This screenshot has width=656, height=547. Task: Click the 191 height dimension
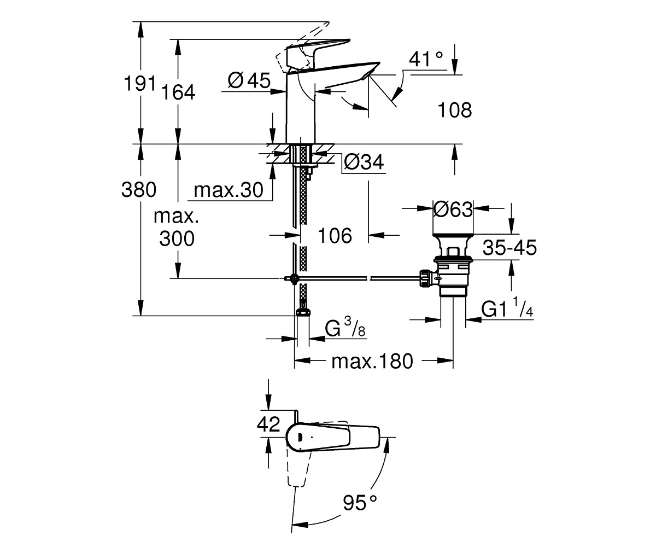(140, 84)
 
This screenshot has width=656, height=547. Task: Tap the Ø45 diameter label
(249, 80)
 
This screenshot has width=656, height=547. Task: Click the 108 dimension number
(455, 110)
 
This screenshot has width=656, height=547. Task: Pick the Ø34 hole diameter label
(364, 162)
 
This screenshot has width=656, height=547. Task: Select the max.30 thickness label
(229, 190)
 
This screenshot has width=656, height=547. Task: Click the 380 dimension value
(139, 190)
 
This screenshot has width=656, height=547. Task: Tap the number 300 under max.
(177, 238)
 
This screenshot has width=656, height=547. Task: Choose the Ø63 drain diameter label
(453, 210)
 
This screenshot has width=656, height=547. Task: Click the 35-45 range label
(509, 247)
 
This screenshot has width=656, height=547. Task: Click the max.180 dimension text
(372, 362)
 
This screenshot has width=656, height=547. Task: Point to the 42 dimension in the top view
(268, 424)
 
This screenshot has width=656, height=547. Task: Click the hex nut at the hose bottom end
(303, 312)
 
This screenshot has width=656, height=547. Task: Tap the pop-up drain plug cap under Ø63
(453, 236)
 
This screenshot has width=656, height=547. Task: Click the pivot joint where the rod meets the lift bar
(295, 278)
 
